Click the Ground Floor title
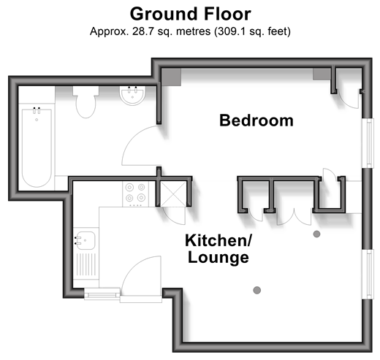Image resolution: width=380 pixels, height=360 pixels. [190, 14]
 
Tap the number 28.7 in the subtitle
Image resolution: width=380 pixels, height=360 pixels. [143, 31]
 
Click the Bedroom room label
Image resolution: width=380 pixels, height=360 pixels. [256, 120]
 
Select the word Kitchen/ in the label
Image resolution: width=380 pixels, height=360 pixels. [218, 240]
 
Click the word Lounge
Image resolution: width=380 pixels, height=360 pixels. [218, 257]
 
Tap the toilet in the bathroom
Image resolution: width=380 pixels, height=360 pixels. [85, 102]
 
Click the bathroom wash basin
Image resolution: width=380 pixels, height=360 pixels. [132, 96]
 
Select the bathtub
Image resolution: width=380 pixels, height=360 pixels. [37, 147]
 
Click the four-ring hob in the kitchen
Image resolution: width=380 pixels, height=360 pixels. [135, 194]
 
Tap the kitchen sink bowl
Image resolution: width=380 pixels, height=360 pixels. [85, 240]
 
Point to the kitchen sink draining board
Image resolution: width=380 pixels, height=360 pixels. [86, 264]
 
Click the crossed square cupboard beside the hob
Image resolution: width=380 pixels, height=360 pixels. [173, 194]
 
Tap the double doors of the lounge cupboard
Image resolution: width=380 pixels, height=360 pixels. [294, 218]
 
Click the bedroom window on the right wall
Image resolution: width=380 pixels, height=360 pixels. [368, 143]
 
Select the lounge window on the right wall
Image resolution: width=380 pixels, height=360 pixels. [368, 275]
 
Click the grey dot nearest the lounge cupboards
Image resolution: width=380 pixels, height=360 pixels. [316, 234]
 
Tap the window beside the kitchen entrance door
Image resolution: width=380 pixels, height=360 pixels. [102, 294]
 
